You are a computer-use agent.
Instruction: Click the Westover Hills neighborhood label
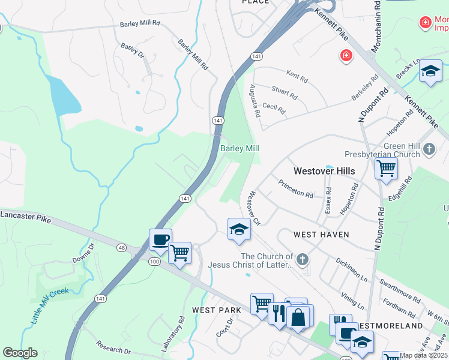click(324, 171)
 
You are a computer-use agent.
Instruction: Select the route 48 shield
click(121, 247)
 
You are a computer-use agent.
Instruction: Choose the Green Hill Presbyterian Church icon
click(429, 148)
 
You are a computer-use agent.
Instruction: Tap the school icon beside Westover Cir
click(238, 229)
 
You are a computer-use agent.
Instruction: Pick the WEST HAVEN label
click(321, 233)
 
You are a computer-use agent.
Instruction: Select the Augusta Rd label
click(255, 100)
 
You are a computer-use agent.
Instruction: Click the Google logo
click(20, 353)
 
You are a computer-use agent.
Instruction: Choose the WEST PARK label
click(216, 310)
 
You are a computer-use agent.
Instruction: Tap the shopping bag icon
click(298, 317)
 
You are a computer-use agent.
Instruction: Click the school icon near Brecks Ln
click(430, 72)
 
